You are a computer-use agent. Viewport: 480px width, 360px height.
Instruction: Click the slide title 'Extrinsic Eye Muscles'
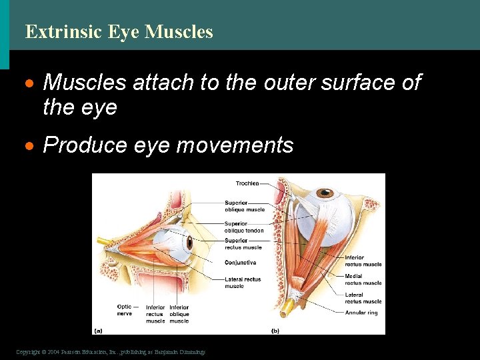pyautogui.click(x=119, y=31)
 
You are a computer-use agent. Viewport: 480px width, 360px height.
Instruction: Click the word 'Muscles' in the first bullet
pyautogui.click(x=85, y=83)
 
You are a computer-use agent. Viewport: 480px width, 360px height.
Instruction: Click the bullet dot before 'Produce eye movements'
pyautogui.click(x=29, y=146)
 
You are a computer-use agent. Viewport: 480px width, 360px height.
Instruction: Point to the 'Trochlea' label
pyautogui.click(x=247, y=183)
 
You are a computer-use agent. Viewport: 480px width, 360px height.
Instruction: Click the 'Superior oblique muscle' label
pyautogui.click(x=245, y=206)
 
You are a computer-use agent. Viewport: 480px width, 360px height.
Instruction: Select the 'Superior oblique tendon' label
pyautogui.click(x=244, y=227)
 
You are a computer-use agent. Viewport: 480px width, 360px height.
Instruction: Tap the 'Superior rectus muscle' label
pyautogui.click(x=243, y=244)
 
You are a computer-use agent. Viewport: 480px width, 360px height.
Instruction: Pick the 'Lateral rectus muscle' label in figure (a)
pyautogui.click(x=243, y=283)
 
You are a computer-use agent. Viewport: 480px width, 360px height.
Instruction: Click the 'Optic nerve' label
pyautogui.click(x=124, y=311)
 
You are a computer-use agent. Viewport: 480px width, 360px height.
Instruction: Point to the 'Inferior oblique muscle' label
pyautogui.click(x=179, y=314)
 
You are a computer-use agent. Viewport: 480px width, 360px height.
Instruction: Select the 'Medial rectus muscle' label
pyautogui.click(x=363, y=279)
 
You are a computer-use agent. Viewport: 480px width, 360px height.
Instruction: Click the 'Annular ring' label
pyautogui.click(x=363, y=313)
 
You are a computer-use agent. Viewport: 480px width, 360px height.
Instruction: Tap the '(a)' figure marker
pyautogui.click(x=99, y=329)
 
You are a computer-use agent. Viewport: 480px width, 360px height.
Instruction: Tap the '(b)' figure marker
pyautogui.click(x=275, y=331)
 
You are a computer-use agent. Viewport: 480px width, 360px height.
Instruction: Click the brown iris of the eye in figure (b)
pyautogui.click(x=327, y=195)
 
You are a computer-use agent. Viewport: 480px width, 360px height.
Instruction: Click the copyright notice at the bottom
pyautogui.click(x=111, y=351)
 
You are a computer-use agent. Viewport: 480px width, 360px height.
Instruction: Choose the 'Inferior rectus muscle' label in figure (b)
pyautogui.click(x=363, y=261)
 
